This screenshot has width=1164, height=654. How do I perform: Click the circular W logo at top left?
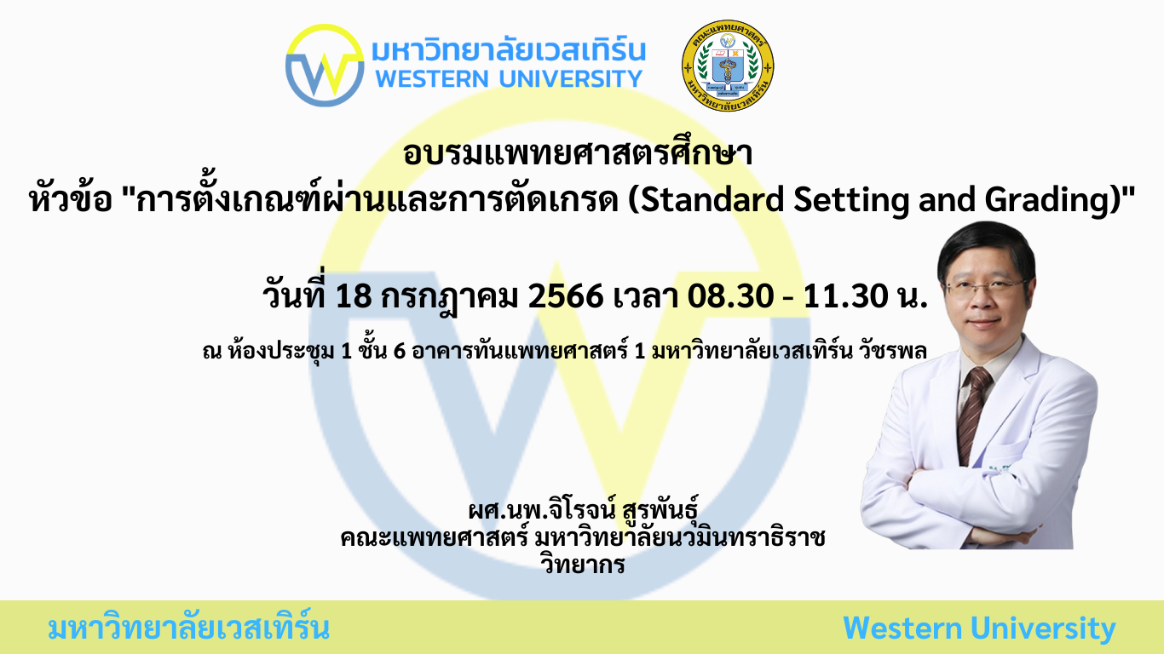[x=325, y=66]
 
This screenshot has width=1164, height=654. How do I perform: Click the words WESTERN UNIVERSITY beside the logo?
[x=509, y=79]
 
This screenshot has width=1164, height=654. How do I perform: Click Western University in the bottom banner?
[x=979, y=628]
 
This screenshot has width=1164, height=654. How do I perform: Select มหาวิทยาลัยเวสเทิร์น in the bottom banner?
[x=188, y=628]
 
